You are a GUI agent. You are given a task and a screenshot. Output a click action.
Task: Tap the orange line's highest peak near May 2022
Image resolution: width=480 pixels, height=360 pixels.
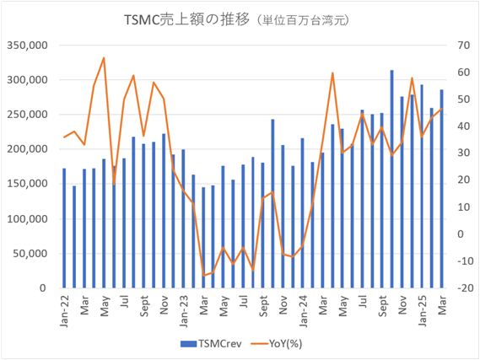click(104, 58)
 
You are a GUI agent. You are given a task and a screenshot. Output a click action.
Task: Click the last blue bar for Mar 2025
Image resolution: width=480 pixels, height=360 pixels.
click(442, 190)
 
